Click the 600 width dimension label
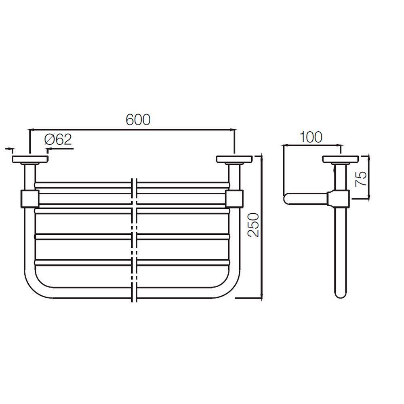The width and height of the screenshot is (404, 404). tap(138, 120)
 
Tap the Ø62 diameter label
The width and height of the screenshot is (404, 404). tap(58, 140)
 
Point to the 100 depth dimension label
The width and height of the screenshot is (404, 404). tap(311, 137)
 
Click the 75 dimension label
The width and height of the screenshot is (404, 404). tap(361, 178)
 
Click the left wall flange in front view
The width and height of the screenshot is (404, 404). tap(30, 159)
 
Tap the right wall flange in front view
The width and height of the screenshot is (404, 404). tap(234, 159)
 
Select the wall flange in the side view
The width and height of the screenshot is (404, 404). tap(340, 159)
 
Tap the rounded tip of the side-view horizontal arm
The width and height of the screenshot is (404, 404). tap(287, 198)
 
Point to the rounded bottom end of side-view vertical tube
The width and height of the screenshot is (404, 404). tap(341, 295)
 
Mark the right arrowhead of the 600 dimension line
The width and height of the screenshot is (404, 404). tap(233, 130)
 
